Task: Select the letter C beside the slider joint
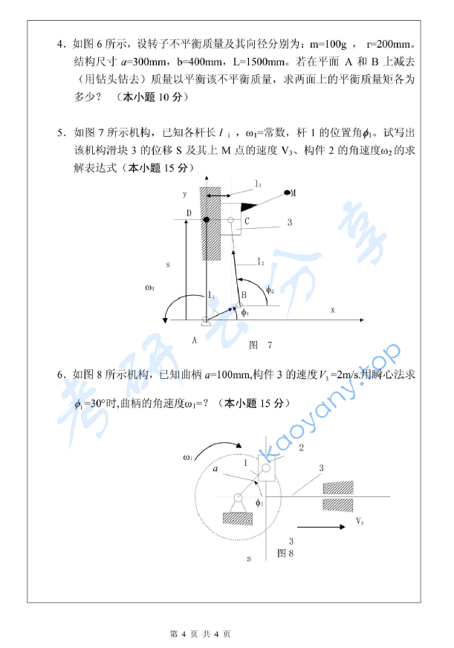pos(246,221)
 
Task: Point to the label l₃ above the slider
pos(257,183)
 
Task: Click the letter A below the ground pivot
pos(194,340)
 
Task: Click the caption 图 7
pos(260,345)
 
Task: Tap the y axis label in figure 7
pos(183,194)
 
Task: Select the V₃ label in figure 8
pos(360,519)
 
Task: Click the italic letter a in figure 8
pos(215,470)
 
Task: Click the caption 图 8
pos(285,553)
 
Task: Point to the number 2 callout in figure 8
pos(300,447)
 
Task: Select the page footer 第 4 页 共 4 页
pos(201,634)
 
